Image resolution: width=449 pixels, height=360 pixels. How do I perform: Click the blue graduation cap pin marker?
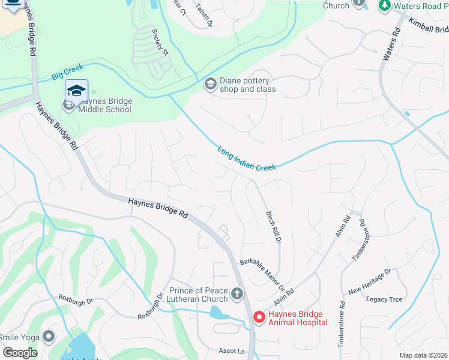(76, 91)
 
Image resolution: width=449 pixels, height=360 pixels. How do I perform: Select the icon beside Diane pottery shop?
(210, 84)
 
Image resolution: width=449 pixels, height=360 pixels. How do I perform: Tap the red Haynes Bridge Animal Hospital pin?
(259, 317)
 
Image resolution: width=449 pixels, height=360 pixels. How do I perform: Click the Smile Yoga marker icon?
(49, 337)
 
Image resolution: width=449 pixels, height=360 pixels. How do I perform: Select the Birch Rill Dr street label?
(273, 227)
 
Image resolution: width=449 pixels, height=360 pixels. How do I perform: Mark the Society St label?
(160, 42)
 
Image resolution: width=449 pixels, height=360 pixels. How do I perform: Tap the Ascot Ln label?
(233, 351)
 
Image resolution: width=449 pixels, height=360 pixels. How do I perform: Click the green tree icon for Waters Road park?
(384, 5)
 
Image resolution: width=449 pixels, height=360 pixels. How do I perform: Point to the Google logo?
(20, 353)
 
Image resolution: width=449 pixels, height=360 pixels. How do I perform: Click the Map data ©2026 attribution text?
(423, 355)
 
